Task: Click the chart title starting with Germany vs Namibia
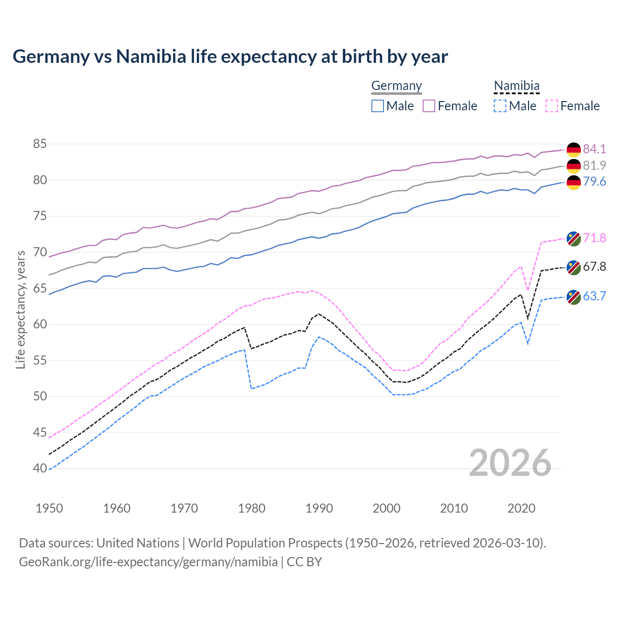[230, 57]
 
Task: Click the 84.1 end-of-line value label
[594, 149]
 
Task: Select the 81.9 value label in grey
[594, 165]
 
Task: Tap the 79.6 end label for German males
[594, 181]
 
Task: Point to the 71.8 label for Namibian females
[594, 238]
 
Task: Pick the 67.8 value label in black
[594, 266]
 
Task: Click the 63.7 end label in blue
[594, 296]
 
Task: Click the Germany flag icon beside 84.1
[574, 150]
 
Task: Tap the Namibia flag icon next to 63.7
[574, 297]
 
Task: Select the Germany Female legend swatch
[429, 106]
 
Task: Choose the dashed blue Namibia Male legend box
[500, 106]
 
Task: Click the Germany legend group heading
[397, 86]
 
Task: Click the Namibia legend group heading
[516, 86]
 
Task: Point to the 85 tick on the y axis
[40, 144]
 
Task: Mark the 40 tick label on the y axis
[40, 468]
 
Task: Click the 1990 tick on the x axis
[319, 508]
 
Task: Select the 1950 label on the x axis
[49, 508]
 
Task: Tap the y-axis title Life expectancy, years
[20, 309]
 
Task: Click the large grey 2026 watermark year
[510, 463]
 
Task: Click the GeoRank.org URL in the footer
[148, 562]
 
